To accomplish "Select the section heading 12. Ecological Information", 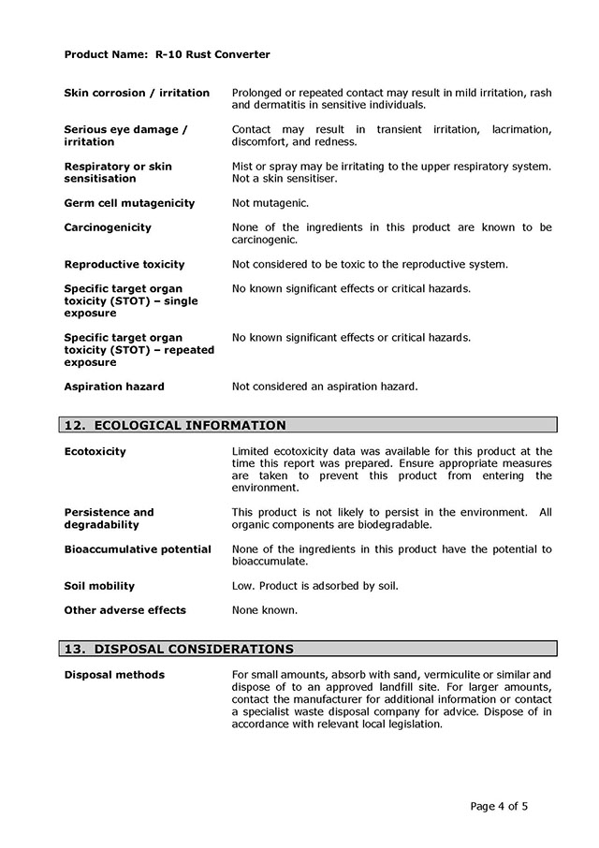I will coord(174,425).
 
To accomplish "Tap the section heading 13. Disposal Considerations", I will coord(178,649).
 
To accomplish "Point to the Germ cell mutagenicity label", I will coord(129,203).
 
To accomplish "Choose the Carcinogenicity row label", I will coord(108,227).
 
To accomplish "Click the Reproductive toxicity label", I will coord(124,264).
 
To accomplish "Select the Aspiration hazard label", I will coord(114,386).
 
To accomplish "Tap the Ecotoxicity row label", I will coord(95,451).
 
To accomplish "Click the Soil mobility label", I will coord(99,586).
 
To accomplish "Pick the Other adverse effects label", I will coord(124,610).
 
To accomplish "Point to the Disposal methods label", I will coord(114,675).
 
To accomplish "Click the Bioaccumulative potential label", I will coord(138,549).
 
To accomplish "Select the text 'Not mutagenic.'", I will coord(270,203).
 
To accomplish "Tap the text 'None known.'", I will coord(264,610).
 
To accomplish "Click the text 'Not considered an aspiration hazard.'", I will coord(324,386).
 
